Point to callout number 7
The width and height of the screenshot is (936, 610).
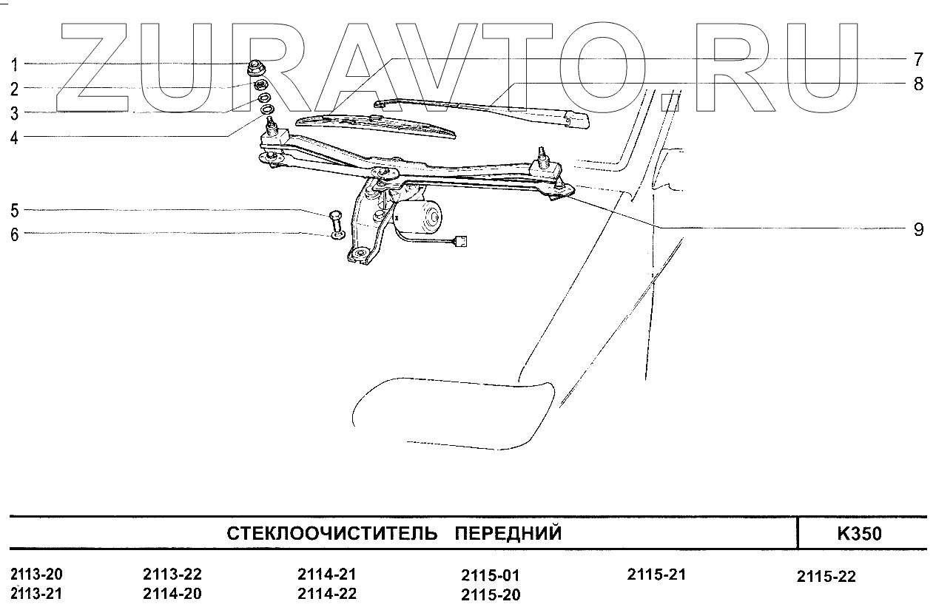[x=918, y=59]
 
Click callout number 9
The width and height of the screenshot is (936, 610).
[x=918, y=229]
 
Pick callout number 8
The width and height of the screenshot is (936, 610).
[x=918, y=84]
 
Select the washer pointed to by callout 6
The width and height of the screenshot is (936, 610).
[x=337, y=235]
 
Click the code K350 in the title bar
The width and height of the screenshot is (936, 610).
[x=859, y=534]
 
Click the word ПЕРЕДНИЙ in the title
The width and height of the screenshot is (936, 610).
[x=508, y=534]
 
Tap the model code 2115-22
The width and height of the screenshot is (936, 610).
[x=826, y=577]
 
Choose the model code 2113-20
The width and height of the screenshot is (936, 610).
[x=37, y=575]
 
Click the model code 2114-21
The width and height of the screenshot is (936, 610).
[x=327, y=575]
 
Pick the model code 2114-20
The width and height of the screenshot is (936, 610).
[x=172, y=593]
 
